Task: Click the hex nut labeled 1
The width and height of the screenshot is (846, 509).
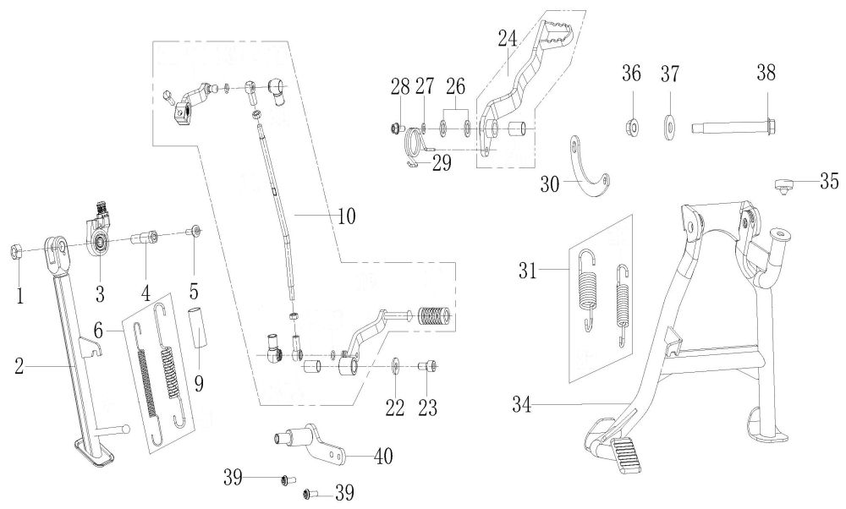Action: coord(16,251)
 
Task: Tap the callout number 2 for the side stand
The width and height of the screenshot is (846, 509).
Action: coord(19,367)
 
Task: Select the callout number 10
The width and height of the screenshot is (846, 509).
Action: coord(347,216)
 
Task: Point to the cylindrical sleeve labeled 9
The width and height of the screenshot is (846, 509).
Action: coord(197,328)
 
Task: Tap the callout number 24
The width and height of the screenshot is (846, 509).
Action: coord(507,39)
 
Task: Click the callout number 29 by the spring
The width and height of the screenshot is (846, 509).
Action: coord(442,163)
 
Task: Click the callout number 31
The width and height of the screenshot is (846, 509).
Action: coord(528,269)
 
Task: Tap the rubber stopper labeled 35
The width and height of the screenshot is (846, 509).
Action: coord(782,184)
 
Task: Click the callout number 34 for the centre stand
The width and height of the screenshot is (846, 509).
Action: coord(522,404)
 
